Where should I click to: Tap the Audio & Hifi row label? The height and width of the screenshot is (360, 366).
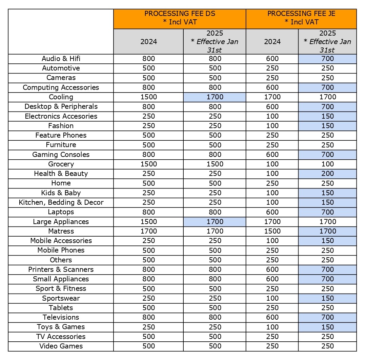pyautogui.click(x=61, y=59)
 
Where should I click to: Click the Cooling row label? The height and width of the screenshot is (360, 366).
pyautogui.click(x=61, y=97)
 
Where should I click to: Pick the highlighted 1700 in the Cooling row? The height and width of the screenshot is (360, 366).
pyautogui.click(x=215, y=97)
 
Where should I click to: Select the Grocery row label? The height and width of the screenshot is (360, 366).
pyautogui.click(x=61, y=164)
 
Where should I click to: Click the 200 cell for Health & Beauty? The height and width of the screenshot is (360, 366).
pyautogui.click(x=327, y=174)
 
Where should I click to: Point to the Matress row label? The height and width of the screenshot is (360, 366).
pyautogui.click(x=61, y=231)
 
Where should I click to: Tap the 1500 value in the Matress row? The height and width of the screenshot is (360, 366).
pyautogui.click(x=272, y=231)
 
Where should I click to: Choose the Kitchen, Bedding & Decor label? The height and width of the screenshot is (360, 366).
pyautogui.click(x=61, y=202)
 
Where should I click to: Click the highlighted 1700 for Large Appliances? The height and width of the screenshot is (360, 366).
pyautogui.click(x=215, y=222)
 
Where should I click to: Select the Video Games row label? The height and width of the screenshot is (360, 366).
pyautogui.click(x=61, y=346)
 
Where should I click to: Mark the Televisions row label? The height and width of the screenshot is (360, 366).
pyautogui.click(x=61, y=317)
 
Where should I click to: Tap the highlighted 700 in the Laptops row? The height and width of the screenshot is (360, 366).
pyautogui.click(x=327, y=212)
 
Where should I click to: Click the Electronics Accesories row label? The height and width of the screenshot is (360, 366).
pyautogui.click(x=61, y=116)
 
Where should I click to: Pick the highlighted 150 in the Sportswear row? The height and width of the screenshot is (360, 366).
pyautogui.click(x=327, y=298)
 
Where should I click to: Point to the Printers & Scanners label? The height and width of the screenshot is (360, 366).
pyautogui.click(x=61, y=269)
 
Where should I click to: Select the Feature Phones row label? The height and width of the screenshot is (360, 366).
pyautogui.click(x=61, y=135)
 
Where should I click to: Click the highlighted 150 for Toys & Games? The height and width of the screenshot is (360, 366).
pyautogui.click(x=327, y=327)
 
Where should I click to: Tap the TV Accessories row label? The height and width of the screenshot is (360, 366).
pyautogui.click(x=61, y=337)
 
